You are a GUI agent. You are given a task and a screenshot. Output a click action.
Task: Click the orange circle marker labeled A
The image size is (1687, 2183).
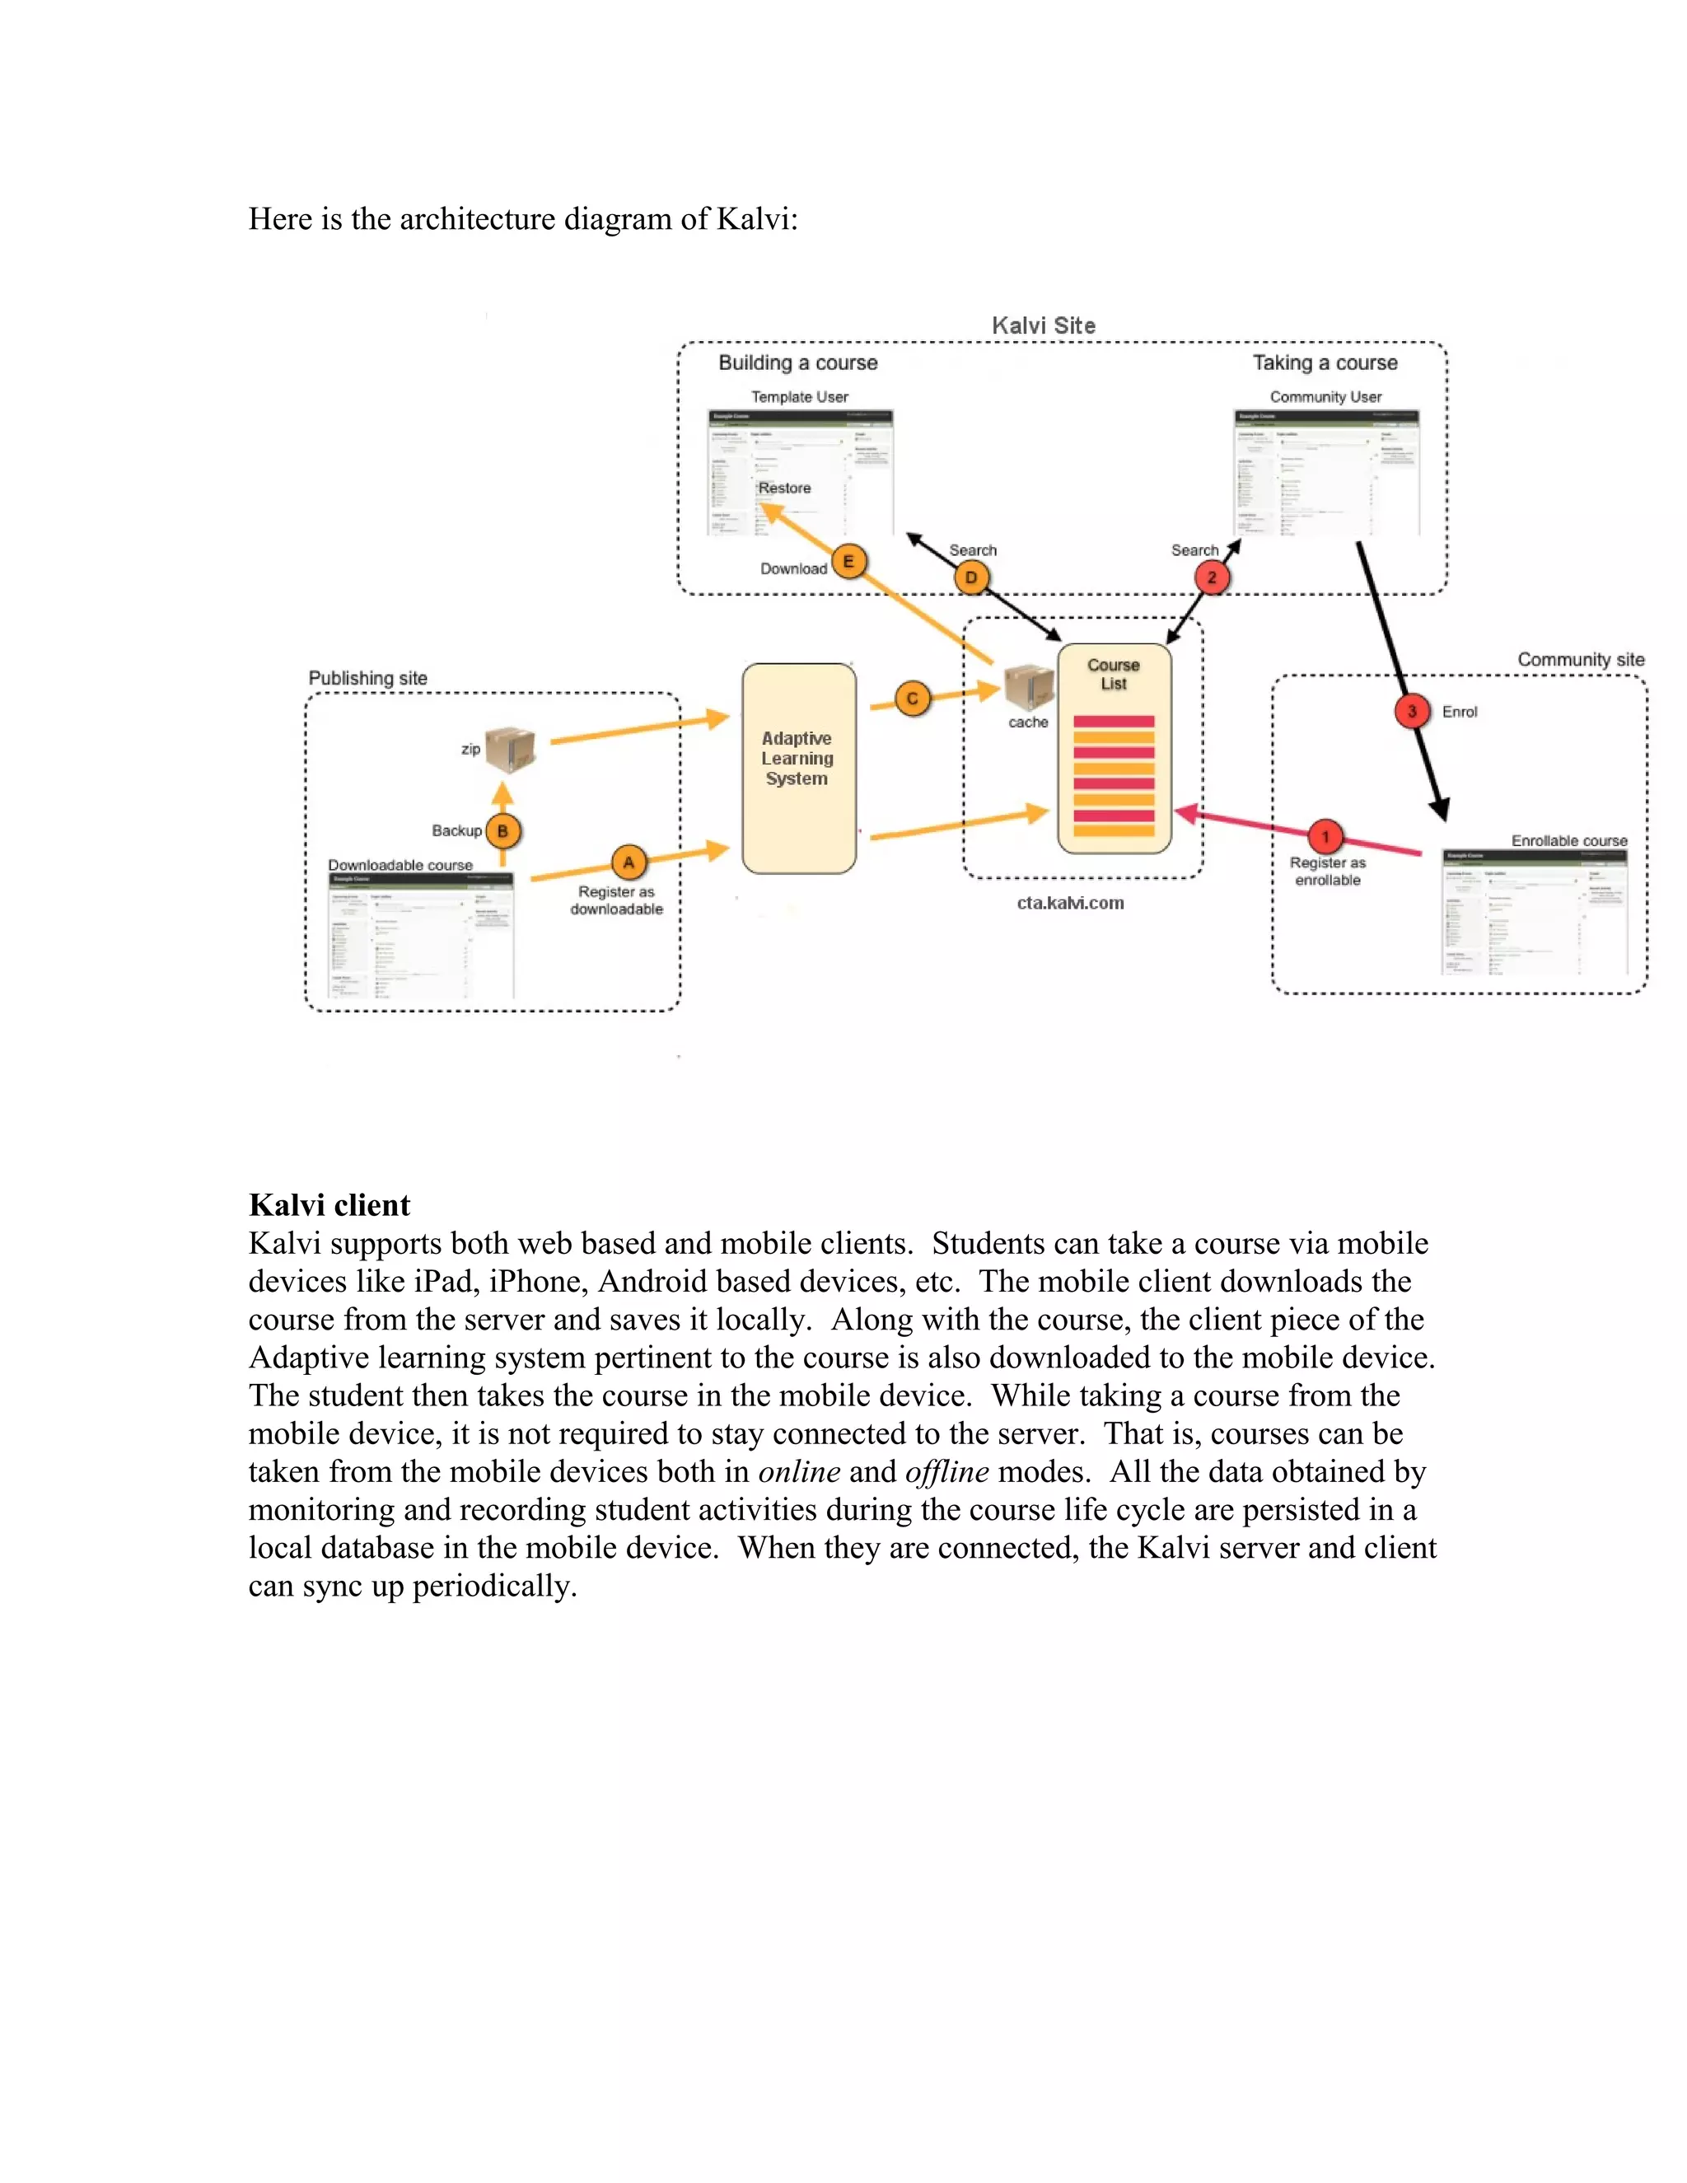[x=629, y=862]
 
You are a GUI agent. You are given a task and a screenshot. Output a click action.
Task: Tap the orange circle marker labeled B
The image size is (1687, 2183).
[x=502, y=830]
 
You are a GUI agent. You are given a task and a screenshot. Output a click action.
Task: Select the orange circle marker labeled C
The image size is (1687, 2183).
[x=912, y=699]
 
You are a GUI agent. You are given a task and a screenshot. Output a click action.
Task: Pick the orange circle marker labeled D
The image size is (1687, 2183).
[x=970, y=577]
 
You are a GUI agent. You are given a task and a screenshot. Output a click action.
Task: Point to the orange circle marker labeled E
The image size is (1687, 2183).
[x=848, y=562]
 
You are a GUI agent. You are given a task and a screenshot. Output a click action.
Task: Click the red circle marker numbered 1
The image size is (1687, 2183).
[x=1325, y=837]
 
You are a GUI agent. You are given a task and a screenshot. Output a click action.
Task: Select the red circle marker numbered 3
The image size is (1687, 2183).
[x=1411, y=712]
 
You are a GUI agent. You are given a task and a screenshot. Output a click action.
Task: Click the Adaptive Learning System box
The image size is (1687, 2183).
[x=798, y=768]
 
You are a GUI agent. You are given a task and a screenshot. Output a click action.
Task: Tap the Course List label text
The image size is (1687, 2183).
[x=1114, y=675]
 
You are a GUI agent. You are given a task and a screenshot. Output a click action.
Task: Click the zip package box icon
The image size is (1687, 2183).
[x=511, y=749]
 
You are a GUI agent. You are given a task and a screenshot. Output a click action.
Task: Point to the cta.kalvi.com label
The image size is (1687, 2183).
[x=1070, y=903]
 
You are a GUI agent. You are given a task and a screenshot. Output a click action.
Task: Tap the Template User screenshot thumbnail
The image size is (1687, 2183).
[x=800, y=472]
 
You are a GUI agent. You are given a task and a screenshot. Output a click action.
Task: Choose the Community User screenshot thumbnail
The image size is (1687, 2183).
[x=1326, y=472]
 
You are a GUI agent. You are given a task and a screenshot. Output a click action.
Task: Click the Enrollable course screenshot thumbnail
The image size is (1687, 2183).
[x=1534, y=912]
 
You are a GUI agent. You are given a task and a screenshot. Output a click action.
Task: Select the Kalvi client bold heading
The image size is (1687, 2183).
[x=329, y=1204]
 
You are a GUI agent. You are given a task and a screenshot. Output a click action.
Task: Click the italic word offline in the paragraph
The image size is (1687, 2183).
[x=946, y=1471]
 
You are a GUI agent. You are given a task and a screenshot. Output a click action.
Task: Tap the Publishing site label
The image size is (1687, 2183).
[x=367, y=678]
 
